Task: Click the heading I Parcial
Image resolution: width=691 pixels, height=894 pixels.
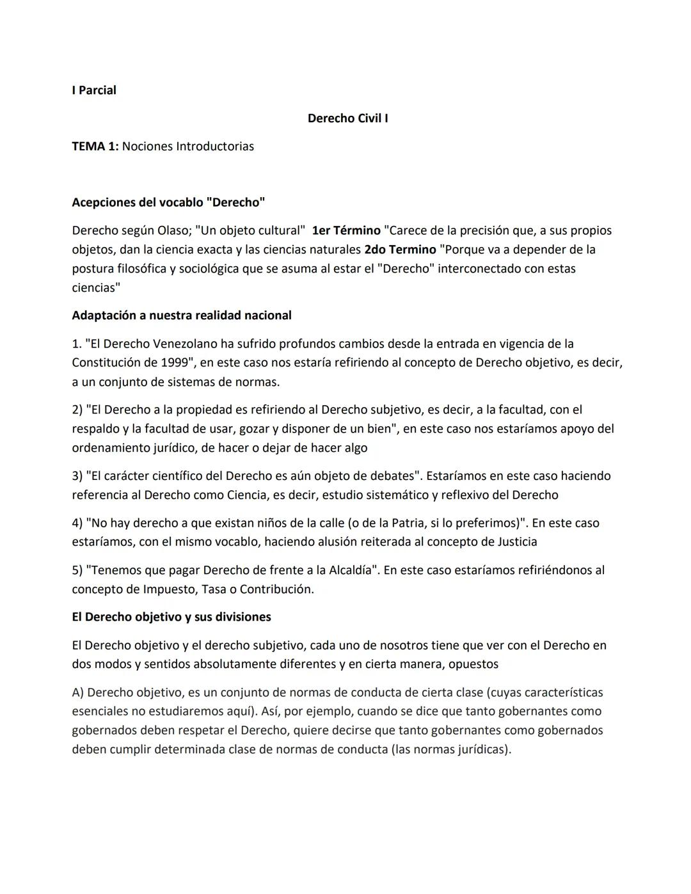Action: (94, 90)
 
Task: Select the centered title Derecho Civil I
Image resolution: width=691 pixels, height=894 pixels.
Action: (347, 118)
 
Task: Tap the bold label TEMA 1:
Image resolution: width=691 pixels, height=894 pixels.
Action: (95, 147)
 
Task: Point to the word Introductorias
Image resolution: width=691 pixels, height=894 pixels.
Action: (214, 147)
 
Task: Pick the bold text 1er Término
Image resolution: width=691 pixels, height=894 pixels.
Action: (346, 230)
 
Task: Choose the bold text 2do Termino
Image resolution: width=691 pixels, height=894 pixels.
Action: (400, 250)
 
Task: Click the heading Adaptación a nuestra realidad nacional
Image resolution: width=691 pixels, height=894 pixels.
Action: (182, 315)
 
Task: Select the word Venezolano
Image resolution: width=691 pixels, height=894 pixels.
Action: (185, 344)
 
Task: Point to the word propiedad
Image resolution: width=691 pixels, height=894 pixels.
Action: (205, 410)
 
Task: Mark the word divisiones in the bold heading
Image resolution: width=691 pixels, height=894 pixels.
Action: (242, 618)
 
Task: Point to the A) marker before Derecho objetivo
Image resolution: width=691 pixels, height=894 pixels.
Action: (78, 692)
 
